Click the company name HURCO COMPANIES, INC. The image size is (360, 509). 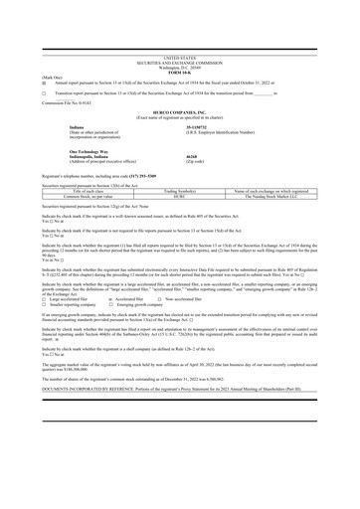[179, 139]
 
